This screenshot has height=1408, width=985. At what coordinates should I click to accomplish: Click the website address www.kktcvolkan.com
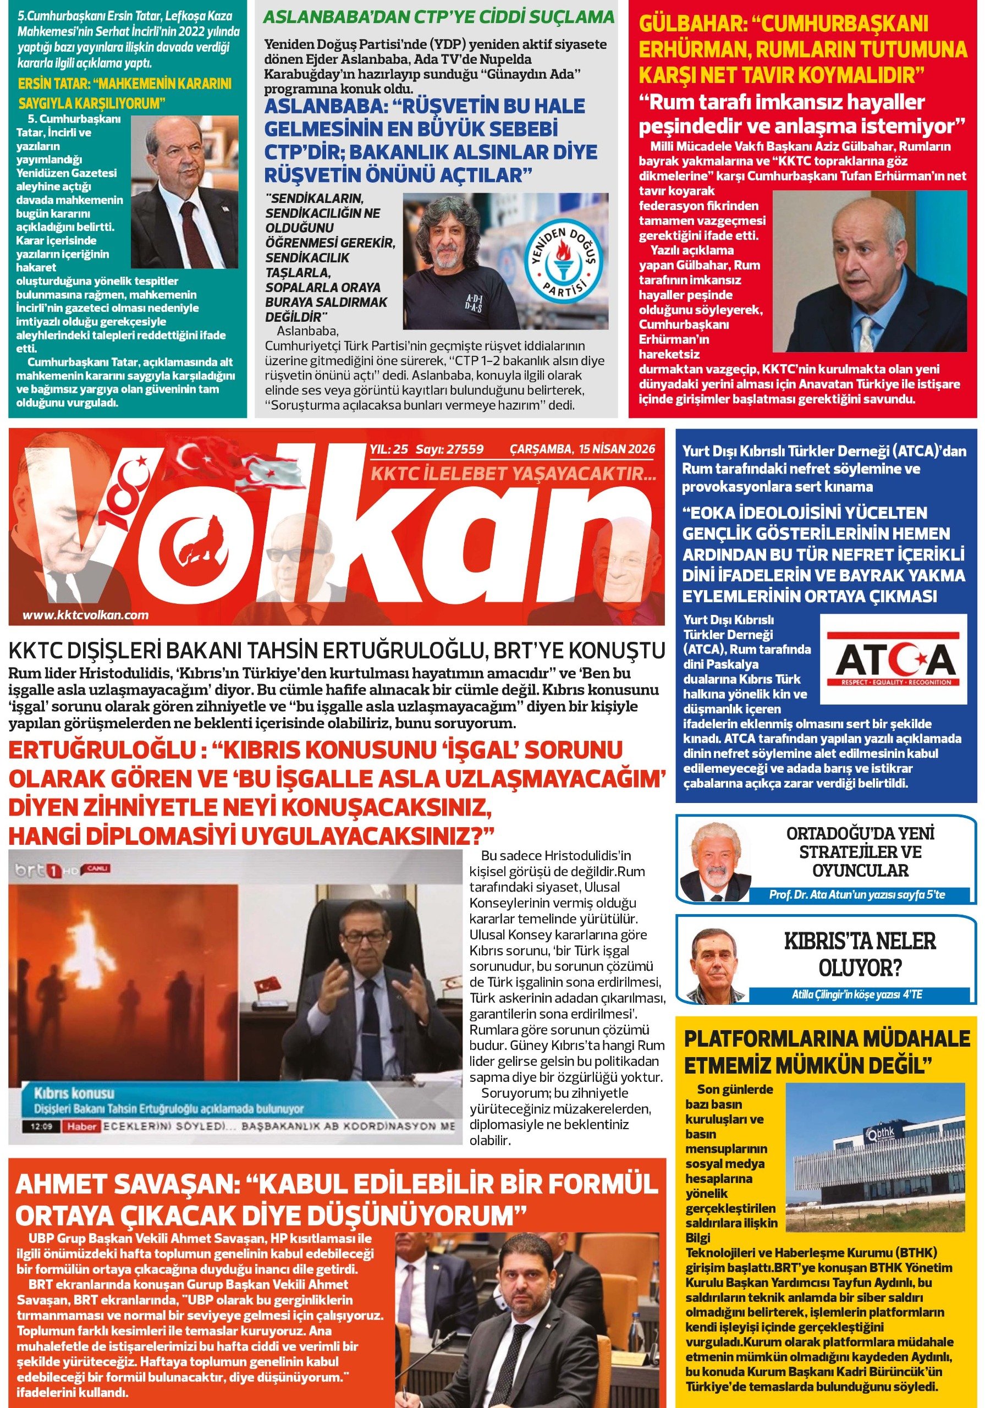coord(85,615)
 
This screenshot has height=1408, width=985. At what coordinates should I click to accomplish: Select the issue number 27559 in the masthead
coord(465,449)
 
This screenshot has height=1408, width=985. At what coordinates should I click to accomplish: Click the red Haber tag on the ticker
coord(82,1126)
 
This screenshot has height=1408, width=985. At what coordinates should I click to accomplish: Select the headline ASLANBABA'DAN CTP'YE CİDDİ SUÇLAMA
coord(438,16)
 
